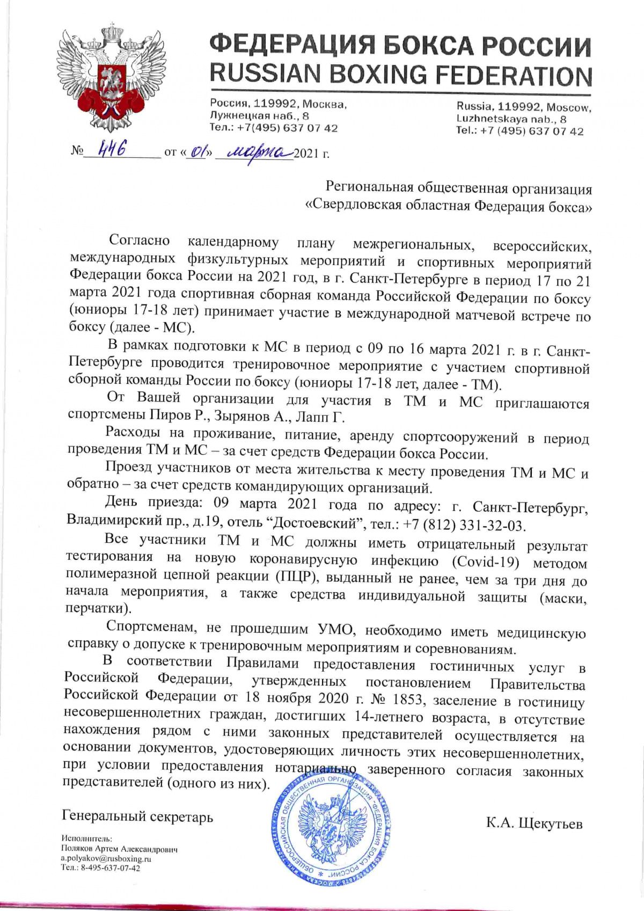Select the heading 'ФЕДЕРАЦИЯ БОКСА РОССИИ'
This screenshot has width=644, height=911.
[x=400, y=45]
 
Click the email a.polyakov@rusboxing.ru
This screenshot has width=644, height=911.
[x=106, y=858]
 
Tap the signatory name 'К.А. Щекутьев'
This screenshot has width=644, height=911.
[x=534, y=823]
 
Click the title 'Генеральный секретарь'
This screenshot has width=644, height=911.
[x=137, y=817]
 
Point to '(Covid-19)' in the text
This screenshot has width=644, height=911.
[x=486, y=562]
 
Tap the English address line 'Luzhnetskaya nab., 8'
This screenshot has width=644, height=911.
[x=511, y=119]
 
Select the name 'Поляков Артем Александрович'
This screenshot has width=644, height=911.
[x=119, y=850]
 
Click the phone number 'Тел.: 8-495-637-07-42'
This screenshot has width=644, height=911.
[x=101, y=868]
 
